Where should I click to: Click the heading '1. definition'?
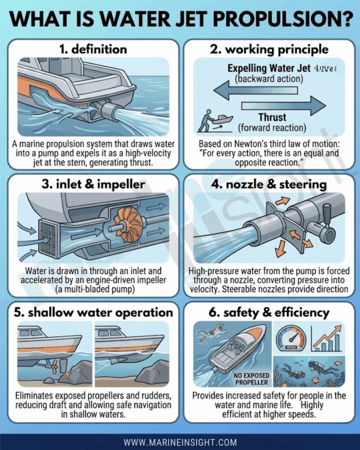pyautogui.click(x=93, y=49)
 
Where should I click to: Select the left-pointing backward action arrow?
pyautogui.click(x=256, y=91)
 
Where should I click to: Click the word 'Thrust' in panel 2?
pyautogui.click(x=272, y=117)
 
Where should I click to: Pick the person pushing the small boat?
pyautogui.click(x=207, y=121)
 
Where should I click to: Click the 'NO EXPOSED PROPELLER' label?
pyautogui.click(x=251, y=379)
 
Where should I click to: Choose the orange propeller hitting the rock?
pyautogui.click(x=54, y=367)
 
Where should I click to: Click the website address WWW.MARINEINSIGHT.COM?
pyautogui.click(x=180, y=442)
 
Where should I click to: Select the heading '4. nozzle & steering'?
pyautogui.click(x=269, y=184)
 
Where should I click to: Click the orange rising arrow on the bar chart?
pyautogui.click(x=327, y=335)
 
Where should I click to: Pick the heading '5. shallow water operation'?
pyautogui.click(x=93, y=312)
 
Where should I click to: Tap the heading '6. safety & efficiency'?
pyautogui.click(x=269, y=312)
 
